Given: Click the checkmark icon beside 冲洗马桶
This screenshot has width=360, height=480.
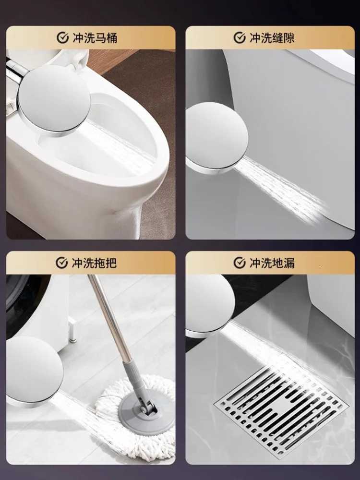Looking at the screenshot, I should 62,38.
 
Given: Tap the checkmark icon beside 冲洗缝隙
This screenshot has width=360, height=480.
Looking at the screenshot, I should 240,38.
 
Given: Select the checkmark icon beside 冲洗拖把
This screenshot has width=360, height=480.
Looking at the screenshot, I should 61,263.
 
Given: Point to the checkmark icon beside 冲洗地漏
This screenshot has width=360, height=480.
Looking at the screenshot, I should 240,263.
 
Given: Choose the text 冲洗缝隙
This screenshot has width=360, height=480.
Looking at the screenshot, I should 272,38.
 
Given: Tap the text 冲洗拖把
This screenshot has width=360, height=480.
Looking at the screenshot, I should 94,263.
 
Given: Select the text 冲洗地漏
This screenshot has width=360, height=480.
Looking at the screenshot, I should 272,263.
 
